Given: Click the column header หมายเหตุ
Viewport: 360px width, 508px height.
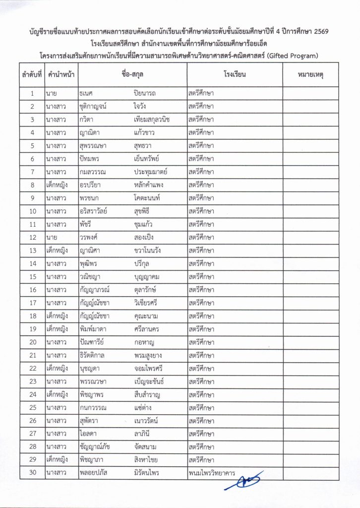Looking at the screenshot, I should point(310,75).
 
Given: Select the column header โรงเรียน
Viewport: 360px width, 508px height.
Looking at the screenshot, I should point(235,75).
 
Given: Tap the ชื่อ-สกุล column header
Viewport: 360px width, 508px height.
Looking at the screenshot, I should point(132,75).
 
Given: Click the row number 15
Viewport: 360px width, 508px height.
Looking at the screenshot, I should point(32,276).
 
